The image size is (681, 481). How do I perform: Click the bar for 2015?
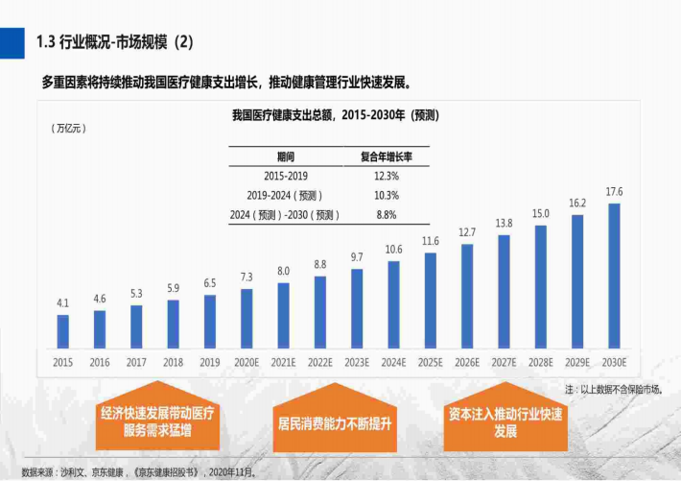coord(63,330)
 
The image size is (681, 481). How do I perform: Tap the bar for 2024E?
coord(393,303)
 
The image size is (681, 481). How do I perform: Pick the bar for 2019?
coord(210,321)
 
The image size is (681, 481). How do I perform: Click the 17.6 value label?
coord(614,191)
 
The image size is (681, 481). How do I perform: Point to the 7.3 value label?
coord(247,277)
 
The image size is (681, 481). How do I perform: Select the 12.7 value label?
coord(467,232)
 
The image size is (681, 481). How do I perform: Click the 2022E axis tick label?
coord(320,362)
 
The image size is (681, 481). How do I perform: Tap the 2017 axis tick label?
coord(136,362)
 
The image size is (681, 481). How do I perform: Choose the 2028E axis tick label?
coord(541,362)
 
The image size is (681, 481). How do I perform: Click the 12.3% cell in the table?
coord(386,177)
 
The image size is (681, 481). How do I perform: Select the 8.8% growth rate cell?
coord(386,215)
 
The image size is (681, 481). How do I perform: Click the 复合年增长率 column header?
coord(386,156)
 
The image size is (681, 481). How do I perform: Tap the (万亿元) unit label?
coord(68,128)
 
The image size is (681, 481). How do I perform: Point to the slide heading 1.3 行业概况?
coord(114,41)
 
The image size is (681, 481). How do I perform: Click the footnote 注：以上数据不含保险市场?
coord(614,390)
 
